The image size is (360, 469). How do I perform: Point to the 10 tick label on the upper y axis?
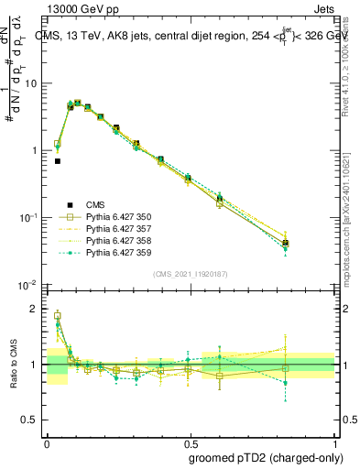32,83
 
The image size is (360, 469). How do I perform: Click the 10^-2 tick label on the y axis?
29,285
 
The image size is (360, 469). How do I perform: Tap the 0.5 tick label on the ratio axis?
33,420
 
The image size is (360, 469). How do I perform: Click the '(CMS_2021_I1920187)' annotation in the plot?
190,274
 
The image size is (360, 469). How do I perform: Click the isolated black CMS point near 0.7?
57,161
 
